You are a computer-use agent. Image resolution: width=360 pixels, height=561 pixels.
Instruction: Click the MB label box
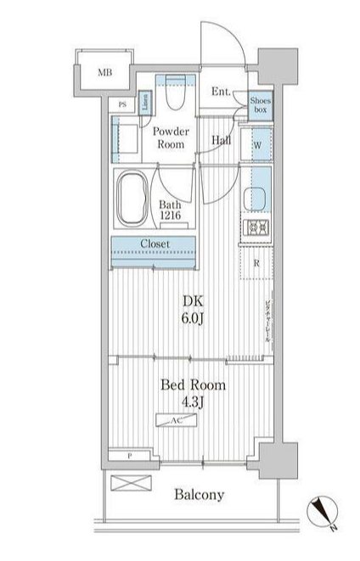[x=104, y=73]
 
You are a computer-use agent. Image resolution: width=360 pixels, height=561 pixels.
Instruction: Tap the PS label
[x=123, y=104]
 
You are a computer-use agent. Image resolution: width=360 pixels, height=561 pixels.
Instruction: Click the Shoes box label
[x=260, y=104]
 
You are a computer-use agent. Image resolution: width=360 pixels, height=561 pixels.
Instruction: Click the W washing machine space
[x=256, y=144]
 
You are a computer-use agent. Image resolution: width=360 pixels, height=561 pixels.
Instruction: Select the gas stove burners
[x=256, y=227]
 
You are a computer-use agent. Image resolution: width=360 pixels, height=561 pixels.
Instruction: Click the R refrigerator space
[x=256, y=262]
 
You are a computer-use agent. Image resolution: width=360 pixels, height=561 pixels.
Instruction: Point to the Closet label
[x=154, y=244]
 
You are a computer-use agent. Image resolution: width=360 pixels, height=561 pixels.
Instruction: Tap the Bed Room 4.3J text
[x=193, y=392]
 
